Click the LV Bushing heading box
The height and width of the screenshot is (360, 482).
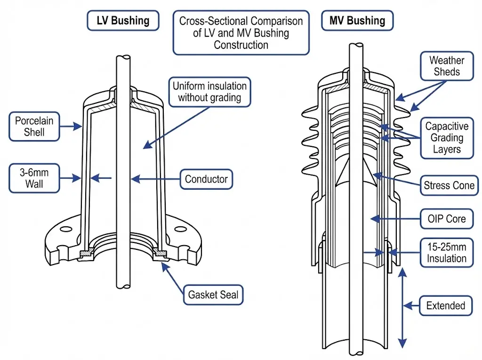pyautogui.click(x=123, y=21)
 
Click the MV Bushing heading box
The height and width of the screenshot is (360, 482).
pyautogui.click(x=357, y=21)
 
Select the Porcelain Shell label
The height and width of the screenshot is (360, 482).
pyautogui.click(x=34, y=126)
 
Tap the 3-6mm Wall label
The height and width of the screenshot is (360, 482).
pyautogui.click(x=34, y=178)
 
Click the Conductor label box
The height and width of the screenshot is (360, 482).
pyautogui.click(x=206, y=179)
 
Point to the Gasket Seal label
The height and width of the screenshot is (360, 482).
pyautogui.click(x=213, y=295)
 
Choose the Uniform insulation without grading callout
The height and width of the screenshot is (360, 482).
pyautogui.click(x=209, y=92)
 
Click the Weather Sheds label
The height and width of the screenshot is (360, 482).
pyautogui.click(x=447, y=66)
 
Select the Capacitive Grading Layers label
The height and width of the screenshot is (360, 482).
pyautogui.click(x=447, y=138)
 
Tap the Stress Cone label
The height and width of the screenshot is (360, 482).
pyautogui.click(x=449, y=185)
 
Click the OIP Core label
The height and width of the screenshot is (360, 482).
pyautogui.click(x=447, y=218)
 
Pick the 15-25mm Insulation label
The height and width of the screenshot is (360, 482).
pyautogui.click(x=447, y=253)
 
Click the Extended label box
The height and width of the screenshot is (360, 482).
pyautogui.click(x=445, y=305)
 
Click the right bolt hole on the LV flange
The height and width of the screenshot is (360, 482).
pyautogui.click(x=179, y=231)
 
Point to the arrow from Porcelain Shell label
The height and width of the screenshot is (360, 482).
pyautogui.click(x=71, y=126)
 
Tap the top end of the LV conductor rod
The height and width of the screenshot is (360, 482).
pyautogui.click(x=123, y=57)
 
